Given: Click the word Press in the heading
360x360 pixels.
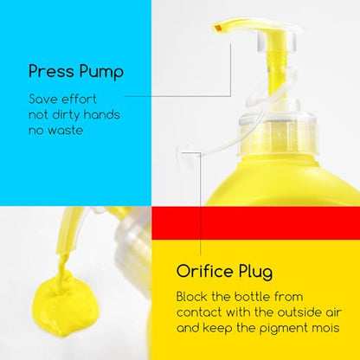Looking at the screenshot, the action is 52,71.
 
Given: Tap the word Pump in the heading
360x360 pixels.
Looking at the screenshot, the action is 101,72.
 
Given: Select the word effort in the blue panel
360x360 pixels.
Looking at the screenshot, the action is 79,99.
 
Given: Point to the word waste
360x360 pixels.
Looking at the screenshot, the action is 66,131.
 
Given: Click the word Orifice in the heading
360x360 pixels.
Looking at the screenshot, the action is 205,271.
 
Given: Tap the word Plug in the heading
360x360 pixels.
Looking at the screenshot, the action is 255,272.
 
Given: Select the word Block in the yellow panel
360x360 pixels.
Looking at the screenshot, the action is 191,297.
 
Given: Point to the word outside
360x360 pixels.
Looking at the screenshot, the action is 298,312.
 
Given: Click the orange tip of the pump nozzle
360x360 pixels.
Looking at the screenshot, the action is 218,28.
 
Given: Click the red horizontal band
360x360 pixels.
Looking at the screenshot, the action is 256,223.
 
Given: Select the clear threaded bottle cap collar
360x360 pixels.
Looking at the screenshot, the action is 278,133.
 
